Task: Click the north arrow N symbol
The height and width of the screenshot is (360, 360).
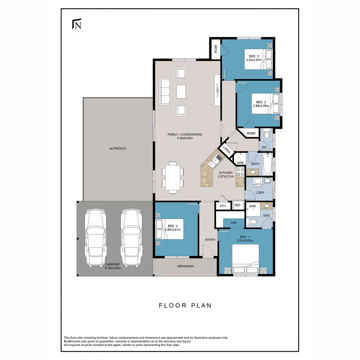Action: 77,24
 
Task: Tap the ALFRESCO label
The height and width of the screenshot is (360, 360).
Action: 118,149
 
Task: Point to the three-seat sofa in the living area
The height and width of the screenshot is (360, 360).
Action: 165,92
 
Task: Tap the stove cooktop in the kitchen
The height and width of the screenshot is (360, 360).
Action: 240,172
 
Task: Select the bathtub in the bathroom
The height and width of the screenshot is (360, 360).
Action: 267,164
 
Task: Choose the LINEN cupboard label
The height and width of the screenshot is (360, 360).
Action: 227,150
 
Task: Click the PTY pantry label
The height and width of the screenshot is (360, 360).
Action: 223,206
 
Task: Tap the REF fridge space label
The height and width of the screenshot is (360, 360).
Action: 238,205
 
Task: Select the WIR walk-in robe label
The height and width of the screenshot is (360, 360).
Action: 234,223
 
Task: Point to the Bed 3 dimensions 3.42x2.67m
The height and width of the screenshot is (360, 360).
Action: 254,60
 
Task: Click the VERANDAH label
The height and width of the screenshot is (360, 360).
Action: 185,266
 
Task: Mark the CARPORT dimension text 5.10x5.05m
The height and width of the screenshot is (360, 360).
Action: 113,268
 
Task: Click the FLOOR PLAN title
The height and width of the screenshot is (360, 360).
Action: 185,306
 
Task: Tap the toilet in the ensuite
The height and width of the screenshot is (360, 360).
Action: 252,222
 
